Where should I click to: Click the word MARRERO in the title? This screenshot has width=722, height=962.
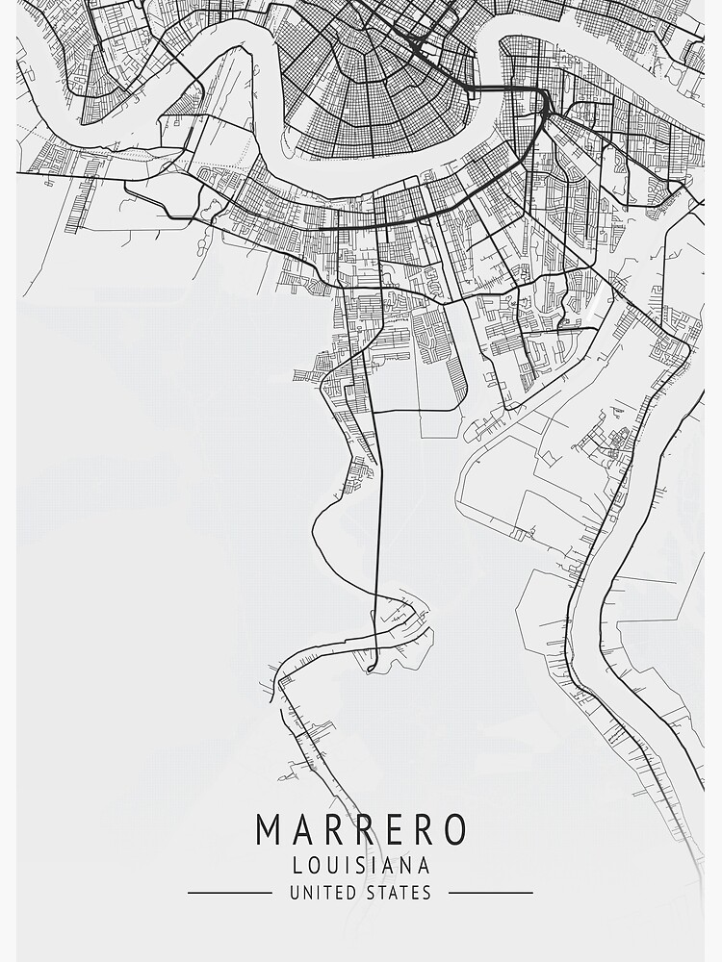coord(361,830)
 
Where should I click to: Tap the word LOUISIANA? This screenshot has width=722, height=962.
coord(361,865)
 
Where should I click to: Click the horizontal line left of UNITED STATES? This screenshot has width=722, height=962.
coord(229,893)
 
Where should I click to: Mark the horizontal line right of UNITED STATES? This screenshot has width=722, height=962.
coord(491,893)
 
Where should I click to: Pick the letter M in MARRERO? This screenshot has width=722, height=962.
coord(269,830)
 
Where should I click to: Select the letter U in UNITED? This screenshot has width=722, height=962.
coord(295,894)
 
